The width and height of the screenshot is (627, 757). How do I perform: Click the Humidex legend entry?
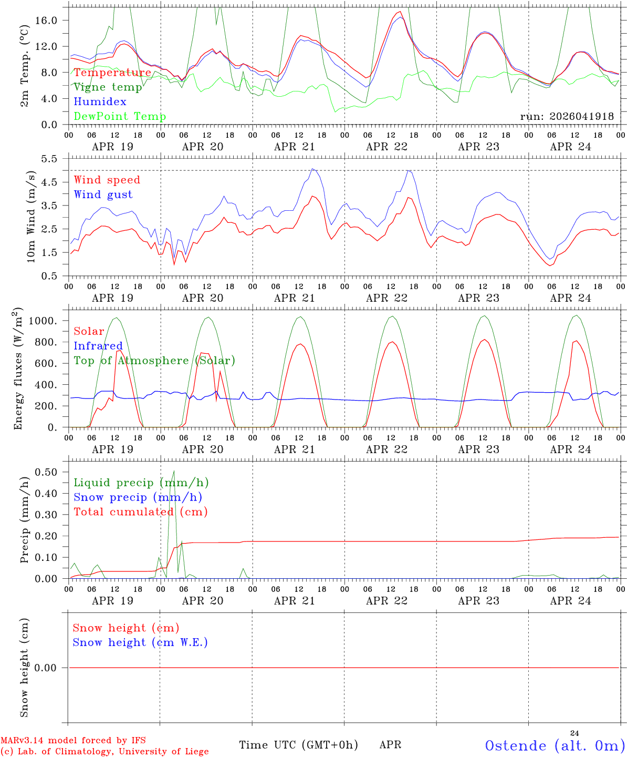click(x=100, y=101)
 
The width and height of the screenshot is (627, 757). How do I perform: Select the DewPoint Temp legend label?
click(x=120, y=116)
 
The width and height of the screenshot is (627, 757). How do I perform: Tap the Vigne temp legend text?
click(x=108, y=87)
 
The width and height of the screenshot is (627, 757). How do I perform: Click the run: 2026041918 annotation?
click(x=567, y=116)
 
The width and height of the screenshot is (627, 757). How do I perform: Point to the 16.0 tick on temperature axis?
click(x=46, y=21)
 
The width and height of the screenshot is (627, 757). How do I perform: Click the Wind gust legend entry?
click(x=103, y=195)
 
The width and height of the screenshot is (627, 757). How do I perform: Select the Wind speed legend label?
click(x=107, y=180)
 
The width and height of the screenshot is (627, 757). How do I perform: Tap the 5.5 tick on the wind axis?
click(x=49, y=159)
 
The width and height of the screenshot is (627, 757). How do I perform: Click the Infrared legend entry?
click(x=98, y=346)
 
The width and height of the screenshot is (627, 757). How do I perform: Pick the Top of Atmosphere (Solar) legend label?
click(x=155, y=361)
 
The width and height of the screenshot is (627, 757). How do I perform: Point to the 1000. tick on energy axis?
click(x=43, y=321)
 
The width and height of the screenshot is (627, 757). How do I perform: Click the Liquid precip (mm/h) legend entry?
click(x=141, y=483)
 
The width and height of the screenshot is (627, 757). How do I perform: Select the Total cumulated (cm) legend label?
click(x=141, y=512)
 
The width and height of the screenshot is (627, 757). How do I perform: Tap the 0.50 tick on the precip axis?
click(x=46, y=472)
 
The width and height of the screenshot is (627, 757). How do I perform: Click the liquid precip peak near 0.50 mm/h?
click(x=174, y=471)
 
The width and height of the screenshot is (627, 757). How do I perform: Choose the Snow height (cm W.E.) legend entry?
click(x=140, y=642)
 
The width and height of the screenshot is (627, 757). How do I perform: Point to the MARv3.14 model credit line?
click(x=73, y=740)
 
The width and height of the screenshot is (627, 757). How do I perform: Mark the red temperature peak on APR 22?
click(x=400, y=12)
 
